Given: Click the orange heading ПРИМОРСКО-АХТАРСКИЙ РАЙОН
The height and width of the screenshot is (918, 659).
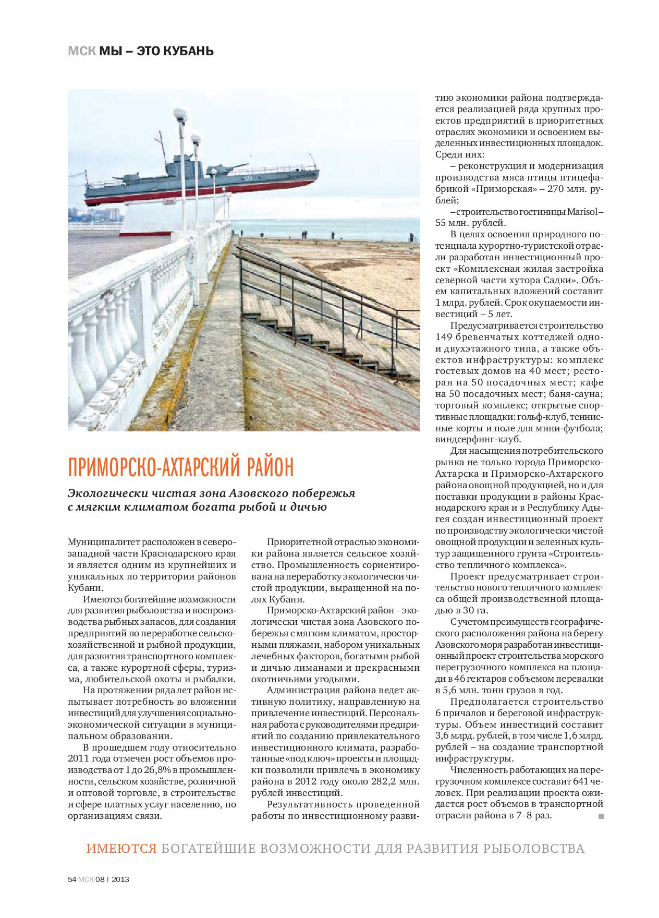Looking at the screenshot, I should point(180,467).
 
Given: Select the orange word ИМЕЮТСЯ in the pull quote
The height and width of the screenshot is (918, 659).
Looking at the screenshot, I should point(121,848).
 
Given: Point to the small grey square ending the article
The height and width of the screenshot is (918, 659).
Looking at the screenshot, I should point(601,815).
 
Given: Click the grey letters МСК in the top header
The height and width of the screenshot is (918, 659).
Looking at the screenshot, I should point(81,51).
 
